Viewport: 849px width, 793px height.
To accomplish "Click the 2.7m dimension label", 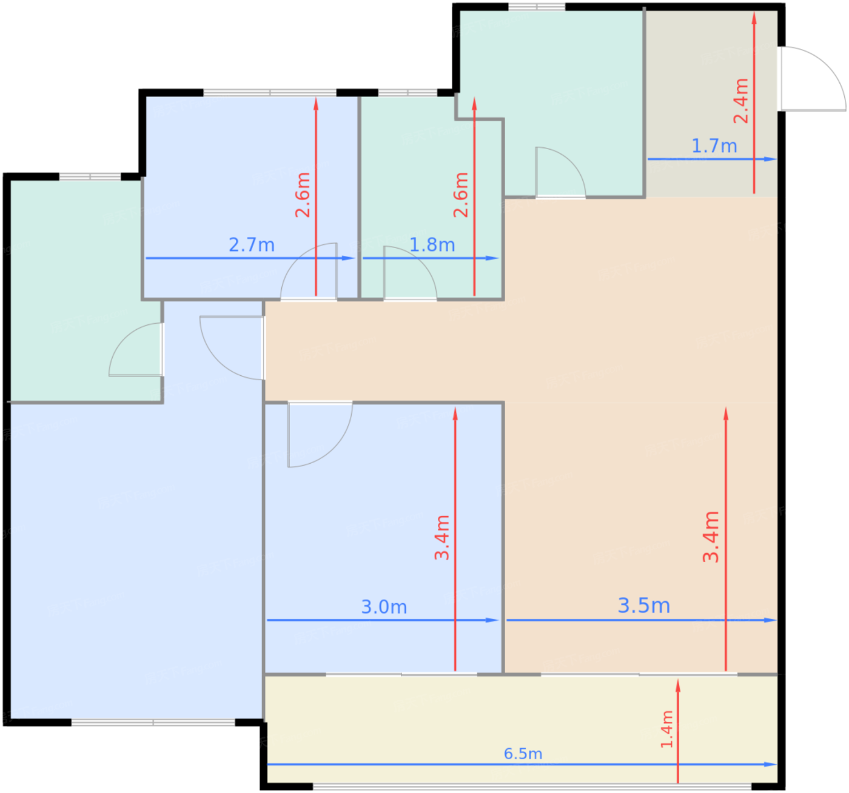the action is [x=252, y=245].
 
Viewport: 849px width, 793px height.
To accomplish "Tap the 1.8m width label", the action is [x=432, y=245].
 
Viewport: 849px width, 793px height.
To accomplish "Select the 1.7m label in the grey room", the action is [x=714, y=146].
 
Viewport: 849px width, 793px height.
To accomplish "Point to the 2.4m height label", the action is [x=741, y=101].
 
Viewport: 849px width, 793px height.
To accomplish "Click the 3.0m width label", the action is [x=384, y=607].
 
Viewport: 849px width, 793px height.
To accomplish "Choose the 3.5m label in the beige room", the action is [x=644, y=605].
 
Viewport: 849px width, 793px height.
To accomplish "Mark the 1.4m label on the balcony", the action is [x=667, y=729].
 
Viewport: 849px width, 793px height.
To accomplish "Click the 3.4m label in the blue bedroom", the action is [x=442, y=537].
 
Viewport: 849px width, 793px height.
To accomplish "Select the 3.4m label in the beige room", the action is [x=711, y=537].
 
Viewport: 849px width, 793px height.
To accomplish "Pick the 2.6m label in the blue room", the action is [x=302, y=195].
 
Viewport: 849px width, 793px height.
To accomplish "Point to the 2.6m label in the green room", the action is [x=460, y=195].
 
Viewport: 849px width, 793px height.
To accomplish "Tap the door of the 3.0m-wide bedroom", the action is [x=320, y=433].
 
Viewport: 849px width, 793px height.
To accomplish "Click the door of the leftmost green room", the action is [x=136, y=349].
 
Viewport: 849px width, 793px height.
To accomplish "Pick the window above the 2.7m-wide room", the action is [x=270, y=92].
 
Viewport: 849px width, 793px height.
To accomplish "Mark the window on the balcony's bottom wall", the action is [x=532, y=786].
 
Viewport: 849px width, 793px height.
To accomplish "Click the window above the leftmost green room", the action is [x=90, y=176].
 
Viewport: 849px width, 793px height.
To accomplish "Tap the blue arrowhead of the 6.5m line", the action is [x=771, y=765].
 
